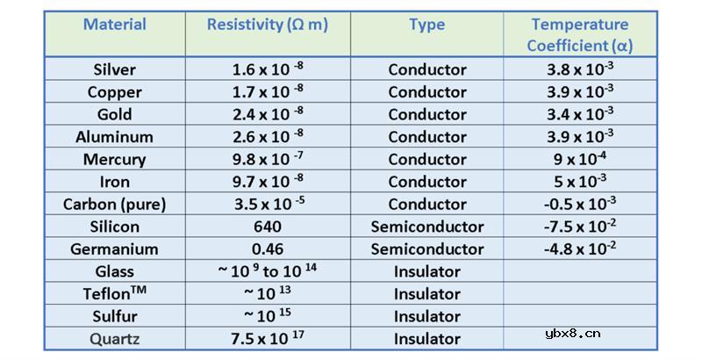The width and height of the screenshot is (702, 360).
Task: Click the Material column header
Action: [115, 25]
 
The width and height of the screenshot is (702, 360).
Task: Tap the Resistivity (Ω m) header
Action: [268, 25]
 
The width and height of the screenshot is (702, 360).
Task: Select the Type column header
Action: [427, 25]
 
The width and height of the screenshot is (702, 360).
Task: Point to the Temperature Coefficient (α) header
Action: [580, 35]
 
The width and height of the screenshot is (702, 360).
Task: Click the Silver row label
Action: [115, 69]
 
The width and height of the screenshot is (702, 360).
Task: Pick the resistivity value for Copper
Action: [268, 91]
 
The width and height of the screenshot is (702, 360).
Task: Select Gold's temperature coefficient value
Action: [580, 113]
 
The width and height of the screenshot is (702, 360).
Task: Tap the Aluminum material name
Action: [115, 137]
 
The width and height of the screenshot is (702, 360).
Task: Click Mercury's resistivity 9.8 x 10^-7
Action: [268, 159]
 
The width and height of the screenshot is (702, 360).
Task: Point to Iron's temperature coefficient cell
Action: [580, 181]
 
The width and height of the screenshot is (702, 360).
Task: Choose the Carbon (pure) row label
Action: [115, 205]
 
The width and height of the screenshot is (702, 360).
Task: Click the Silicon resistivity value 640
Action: [268, 227]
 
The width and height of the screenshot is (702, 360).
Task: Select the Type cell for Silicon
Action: [427, 227]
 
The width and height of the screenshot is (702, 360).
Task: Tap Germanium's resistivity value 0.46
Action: [268, 249]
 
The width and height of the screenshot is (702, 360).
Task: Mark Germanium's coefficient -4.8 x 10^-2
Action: [580, 248]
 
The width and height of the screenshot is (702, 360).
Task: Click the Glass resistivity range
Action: [268, 270]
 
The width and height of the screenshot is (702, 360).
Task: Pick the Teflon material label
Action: [115, 293]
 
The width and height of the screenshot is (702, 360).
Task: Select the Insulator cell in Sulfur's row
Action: [427, 316]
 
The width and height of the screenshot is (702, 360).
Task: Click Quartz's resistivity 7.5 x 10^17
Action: [268, 338]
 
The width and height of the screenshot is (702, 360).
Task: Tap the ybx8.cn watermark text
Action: [573, 334]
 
